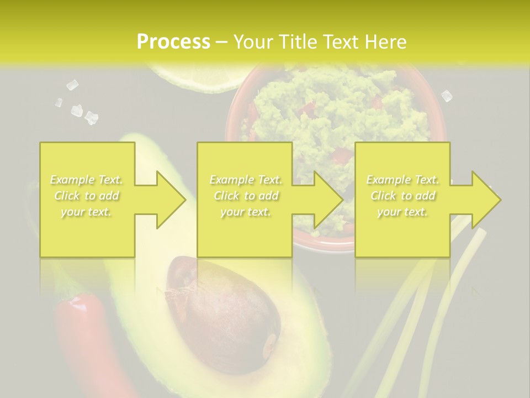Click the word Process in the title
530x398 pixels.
[x=173, y=41]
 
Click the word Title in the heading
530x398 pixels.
[x=298, y=41]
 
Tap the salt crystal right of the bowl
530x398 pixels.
[x=447, y=96]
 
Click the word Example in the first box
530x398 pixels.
[x=72, y=180]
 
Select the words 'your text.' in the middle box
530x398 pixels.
[x=245, y=212]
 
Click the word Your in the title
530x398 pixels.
[x=253, y=41]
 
